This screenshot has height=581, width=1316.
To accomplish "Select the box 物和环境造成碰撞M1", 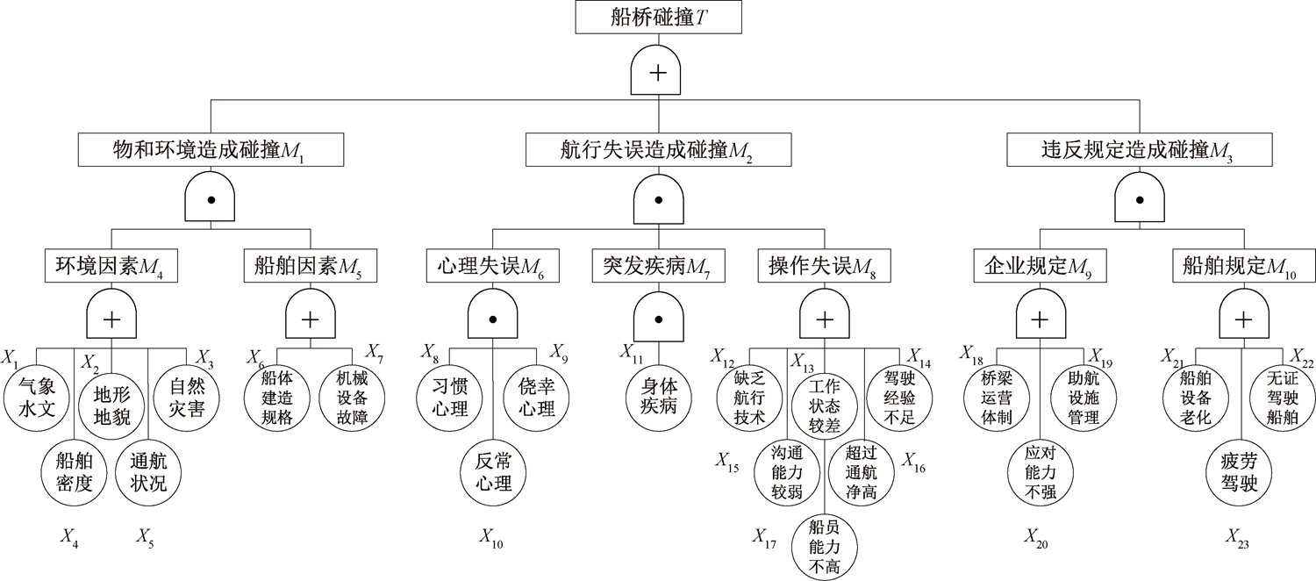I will tap(210, 150).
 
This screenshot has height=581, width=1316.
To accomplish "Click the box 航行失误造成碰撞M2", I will tap(657, 150).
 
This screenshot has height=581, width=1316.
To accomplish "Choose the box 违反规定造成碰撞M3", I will tap(1140, 150).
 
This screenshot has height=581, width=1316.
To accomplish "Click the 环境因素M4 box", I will tap(111, 265).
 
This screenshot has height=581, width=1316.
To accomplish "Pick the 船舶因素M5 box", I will tap(310, 265).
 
